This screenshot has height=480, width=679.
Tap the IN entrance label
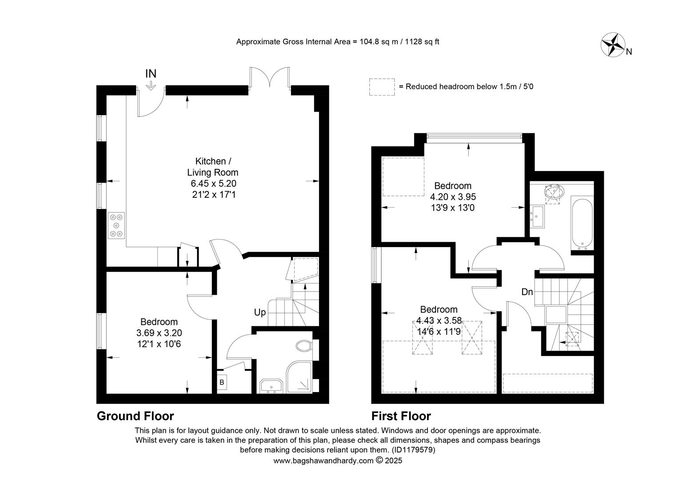151,74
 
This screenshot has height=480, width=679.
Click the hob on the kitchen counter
116,225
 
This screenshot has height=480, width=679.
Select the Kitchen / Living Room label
212,167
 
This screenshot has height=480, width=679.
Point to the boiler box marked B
222,382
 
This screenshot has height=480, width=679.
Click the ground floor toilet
304,346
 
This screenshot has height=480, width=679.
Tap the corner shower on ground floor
299,377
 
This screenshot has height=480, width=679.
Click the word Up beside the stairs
260,312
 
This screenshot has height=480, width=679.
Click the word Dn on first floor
527,292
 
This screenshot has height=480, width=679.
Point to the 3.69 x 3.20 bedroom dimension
159,333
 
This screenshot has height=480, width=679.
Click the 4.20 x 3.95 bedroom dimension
453,197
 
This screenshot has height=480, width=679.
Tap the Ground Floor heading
135,416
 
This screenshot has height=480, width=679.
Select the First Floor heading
401,416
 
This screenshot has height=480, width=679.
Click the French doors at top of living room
269,77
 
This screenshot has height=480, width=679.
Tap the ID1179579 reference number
413,450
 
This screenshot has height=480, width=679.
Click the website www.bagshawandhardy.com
324,460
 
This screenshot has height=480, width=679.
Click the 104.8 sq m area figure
379,41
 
